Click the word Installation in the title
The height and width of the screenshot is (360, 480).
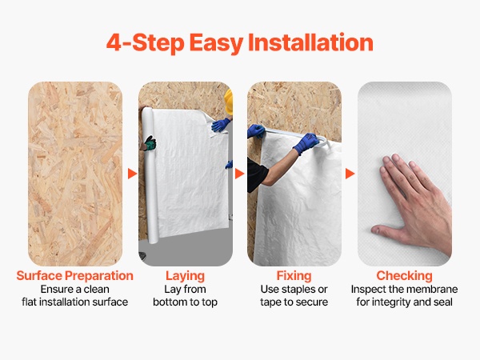[310, 42]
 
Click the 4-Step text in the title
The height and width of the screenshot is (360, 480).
[145, 42]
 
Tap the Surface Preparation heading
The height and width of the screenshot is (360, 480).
[74, 275]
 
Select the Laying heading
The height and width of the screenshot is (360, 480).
[186, 276]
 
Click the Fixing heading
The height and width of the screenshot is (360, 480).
[294, 276]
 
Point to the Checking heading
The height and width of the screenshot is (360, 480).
[404, 276]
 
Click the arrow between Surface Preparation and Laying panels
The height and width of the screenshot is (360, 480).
[132, 174]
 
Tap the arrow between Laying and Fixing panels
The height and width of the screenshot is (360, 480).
[239, 174]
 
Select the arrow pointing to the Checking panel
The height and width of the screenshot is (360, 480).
[350, 174]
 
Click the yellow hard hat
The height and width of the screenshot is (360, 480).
[229, 102]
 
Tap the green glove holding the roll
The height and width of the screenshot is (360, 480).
[150, 143]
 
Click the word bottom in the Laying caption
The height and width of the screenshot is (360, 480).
[170, 302]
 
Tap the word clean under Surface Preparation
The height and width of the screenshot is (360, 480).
[96, 290]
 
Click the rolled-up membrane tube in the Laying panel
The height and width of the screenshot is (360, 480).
[150, 175]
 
